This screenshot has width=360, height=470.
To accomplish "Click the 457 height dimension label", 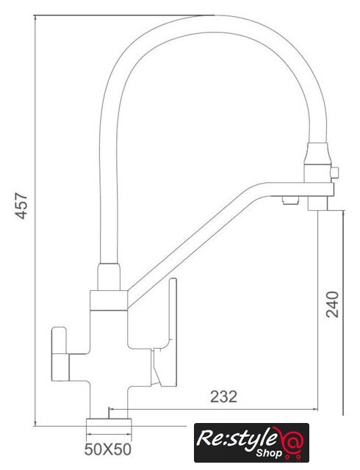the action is pos(21,206).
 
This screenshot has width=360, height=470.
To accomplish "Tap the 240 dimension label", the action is pos(332,304).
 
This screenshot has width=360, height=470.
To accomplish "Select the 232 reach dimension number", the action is pos(223,397).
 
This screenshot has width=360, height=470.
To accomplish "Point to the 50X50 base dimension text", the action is pos(108,449).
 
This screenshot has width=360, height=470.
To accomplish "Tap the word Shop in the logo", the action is pos(269,454).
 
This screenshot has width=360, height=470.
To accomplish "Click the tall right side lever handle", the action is pos(168,333).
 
